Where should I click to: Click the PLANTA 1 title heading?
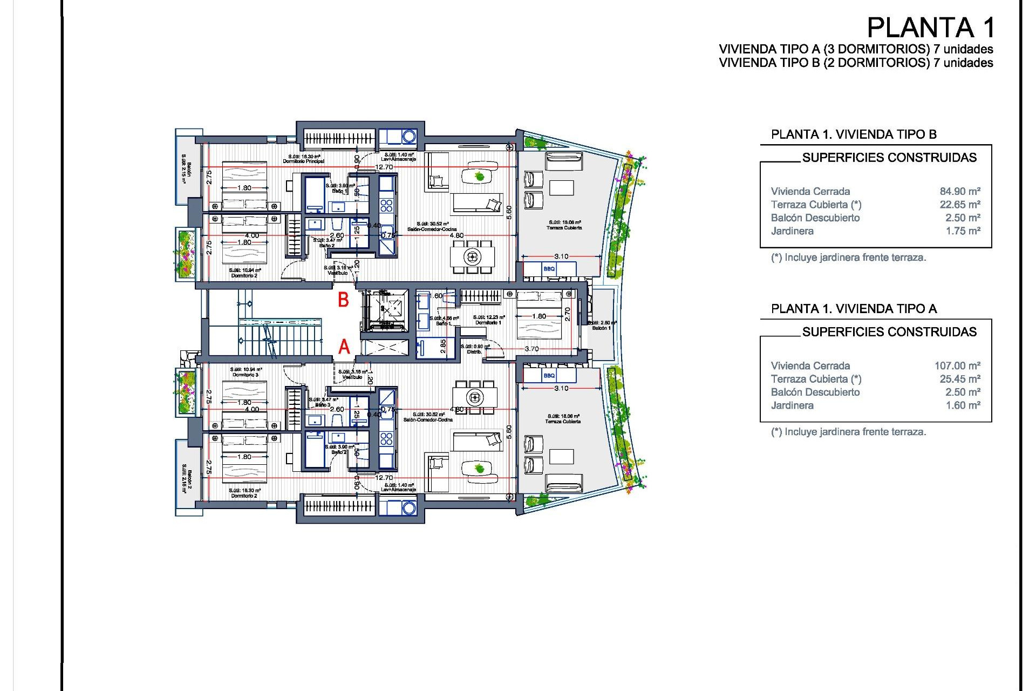coord(930,28)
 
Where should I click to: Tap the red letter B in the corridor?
coord(343,300)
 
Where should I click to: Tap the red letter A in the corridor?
coord(344,347)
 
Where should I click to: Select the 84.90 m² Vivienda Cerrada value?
coord(960,191)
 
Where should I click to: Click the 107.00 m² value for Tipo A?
coord(957,365)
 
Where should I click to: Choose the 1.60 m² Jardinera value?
coord(963,405)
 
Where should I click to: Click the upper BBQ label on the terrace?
coord(549,269)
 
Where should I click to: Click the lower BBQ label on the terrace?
coord(549,376)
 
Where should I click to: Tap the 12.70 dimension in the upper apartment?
coord(384,167)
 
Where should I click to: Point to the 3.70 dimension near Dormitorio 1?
coord(531,349)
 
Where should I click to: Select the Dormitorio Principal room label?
coord(304,161)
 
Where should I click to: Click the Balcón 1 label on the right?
coord(602,328)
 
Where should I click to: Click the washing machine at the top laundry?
coord(409,136)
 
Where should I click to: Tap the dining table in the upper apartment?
coord(473,256)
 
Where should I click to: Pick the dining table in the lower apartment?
coord(475,398)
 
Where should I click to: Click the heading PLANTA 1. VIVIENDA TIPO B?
coord(854,134)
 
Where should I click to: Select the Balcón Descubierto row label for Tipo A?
coord(815,392)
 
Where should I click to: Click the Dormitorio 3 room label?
coord(246,375)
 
